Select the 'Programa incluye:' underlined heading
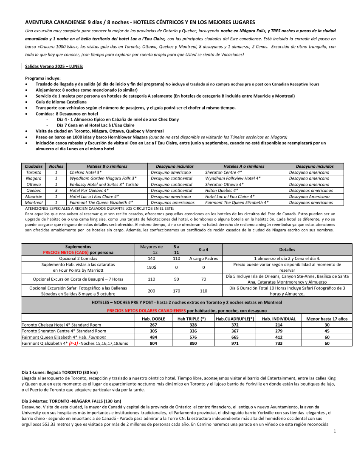43,78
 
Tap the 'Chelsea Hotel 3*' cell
85,172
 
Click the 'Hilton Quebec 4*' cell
221,191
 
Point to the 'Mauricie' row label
34,197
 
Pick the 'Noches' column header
56,166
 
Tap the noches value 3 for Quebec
56,191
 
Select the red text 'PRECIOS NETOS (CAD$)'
65,252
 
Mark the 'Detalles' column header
287,249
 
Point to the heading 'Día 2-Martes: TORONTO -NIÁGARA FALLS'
71,401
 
